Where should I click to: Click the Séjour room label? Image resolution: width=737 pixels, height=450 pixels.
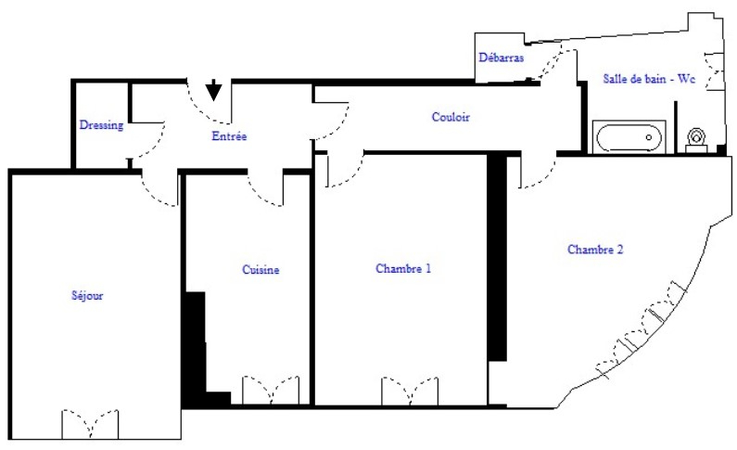[87, 295]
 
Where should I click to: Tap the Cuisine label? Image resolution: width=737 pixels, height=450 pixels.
[260, 269]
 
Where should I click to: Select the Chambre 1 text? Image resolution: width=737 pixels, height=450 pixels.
[403, 268]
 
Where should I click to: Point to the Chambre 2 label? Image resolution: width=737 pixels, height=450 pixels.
[595, 250]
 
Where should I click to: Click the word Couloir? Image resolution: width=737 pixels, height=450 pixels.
[451, 117]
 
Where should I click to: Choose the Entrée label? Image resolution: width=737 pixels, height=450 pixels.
[229, 135]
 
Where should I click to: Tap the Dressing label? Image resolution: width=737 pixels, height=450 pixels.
[102, 125]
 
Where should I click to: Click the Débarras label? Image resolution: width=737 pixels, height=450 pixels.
[501, 58]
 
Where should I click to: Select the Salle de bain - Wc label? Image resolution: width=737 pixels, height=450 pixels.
[649, 79]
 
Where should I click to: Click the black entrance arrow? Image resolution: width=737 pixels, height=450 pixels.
[214, 89]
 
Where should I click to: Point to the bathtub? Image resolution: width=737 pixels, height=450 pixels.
[629, 137]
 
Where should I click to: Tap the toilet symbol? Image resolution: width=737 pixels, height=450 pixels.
[696, 140]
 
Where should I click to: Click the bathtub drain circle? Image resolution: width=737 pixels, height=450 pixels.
[649, 137]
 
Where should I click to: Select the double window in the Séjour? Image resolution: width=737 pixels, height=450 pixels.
[90, 424]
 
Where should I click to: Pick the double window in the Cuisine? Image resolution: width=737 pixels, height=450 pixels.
[271, 391]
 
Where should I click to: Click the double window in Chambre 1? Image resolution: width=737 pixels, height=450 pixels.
[410, 392]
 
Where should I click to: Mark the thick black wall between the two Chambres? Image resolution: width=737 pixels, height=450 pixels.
[497, 257]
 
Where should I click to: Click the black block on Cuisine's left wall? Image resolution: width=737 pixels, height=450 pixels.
[196, 348]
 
